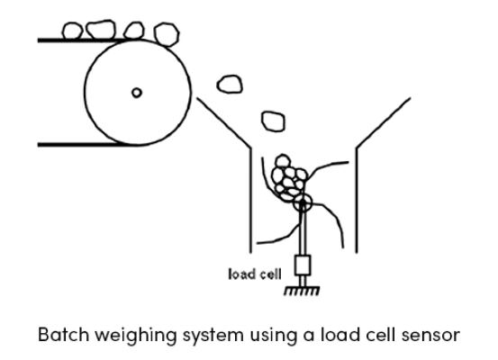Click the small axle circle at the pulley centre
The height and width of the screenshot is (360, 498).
pyautogui.click(x=137, y=93)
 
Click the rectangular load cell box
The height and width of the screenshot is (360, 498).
pyautogui.click(x=303, y=265)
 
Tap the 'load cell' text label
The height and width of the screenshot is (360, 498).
pyautogui.click(x=255, y=274)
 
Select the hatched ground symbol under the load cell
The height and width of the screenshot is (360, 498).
pyautogui.click(x=302, y=291)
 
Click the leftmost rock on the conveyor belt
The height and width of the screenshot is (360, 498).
pyautogui.click(x=72, y=31)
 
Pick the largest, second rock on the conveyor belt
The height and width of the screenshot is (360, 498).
pyautogui.click(x=101, y=29)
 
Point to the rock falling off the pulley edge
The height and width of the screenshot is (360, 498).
pyautogui.click(x=167, y=34)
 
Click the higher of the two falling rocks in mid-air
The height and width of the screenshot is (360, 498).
pyautogui.click(x=230, y=84)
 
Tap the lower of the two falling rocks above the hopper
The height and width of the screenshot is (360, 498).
pyautogui.click(x=273, y=121)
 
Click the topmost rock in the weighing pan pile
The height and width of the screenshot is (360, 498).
pyautogui.click(x=283, y=161)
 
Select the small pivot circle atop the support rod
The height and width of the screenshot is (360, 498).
pyautogui.click(x=303, y=202)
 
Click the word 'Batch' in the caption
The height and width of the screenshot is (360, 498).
pyautogui.click(x=63, y=335)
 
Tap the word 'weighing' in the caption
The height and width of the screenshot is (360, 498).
pyautogui.click(x=136, y=337)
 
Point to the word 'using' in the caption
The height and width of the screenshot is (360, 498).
pyautogui.click(x=274, y=337)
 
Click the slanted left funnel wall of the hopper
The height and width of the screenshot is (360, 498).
pyautogui.click(x=224, y=122)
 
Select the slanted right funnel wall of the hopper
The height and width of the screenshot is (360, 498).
pyautogui.click(x=384, y=122)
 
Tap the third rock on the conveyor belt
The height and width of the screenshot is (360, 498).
pyautogui.click(x=134, y=31)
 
